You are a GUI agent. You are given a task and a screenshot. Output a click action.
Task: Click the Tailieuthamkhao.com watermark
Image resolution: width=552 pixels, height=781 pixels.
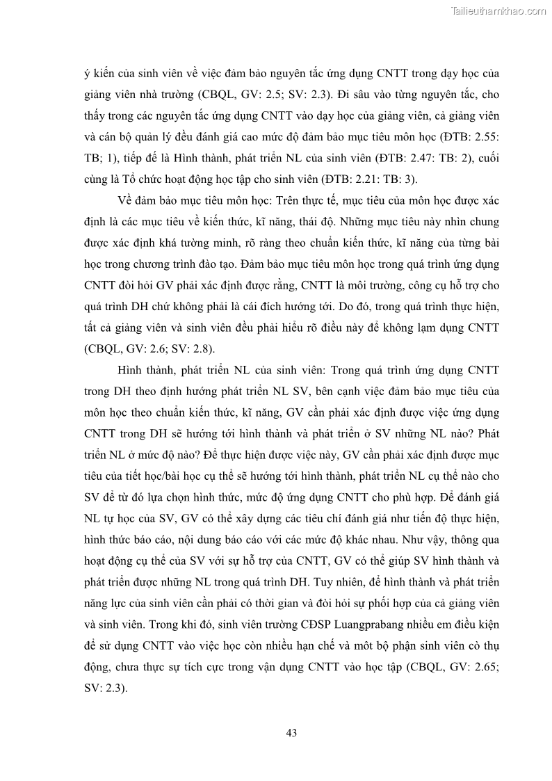(x=498, y=10)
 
